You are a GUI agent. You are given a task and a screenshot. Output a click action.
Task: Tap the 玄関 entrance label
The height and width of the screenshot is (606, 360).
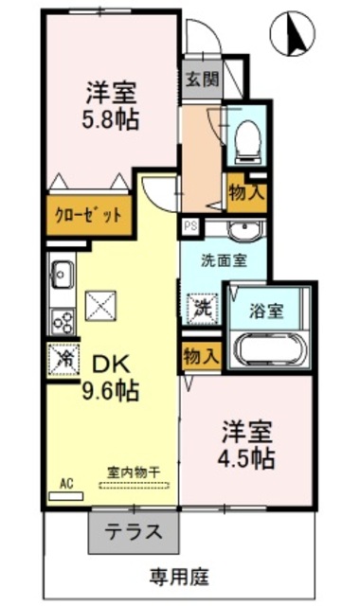coord(202,80)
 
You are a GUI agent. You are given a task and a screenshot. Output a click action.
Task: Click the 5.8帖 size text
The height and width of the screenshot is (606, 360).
coord(110,120)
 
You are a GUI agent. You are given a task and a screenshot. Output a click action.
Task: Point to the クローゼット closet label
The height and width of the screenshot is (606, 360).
coord(88,215)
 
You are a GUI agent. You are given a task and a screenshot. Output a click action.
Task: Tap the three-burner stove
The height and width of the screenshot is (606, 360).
coord(63,321)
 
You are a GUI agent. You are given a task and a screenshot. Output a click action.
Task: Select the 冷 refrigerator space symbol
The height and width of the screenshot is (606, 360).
coord(63,360)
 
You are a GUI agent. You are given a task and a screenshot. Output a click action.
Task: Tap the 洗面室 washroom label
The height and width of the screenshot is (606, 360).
coord(224,260)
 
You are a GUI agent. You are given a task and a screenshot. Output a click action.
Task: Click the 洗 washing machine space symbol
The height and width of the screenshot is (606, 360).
coord(202,309)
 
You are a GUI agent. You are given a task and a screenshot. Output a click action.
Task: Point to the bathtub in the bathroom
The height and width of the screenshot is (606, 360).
coord(271,349)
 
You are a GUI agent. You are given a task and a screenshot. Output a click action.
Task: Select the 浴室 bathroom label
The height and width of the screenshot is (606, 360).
coord(267,311)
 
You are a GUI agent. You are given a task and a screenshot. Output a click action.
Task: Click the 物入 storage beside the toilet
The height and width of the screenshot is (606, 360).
coord(246,192)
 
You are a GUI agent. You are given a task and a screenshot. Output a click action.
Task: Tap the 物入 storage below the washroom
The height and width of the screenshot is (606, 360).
coord(202,356)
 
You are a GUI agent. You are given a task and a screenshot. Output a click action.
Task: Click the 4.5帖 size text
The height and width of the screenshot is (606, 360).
coord(246,458)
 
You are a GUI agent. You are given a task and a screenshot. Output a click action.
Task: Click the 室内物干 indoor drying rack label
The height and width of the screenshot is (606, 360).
coord(134,472)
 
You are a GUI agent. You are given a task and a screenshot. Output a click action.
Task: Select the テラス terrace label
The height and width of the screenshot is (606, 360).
coord(134,532)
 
